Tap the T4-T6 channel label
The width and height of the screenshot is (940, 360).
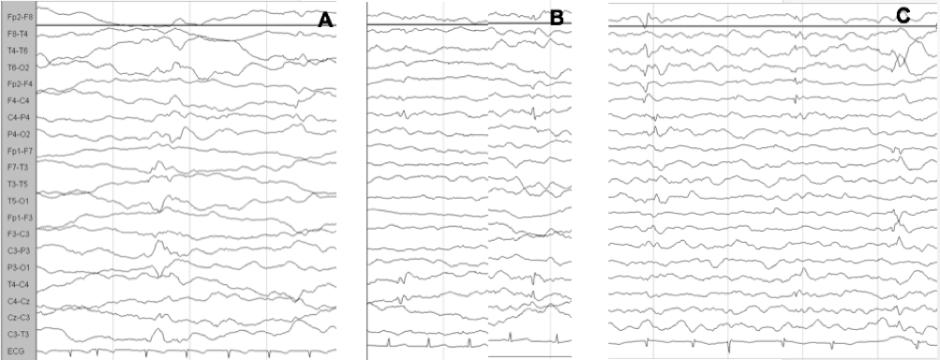17,51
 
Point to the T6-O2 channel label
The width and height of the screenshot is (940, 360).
17,67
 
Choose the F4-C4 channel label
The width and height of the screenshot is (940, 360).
17,101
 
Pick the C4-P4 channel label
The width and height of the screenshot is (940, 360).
17,117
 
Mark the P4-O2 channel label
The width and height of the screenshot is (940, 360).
17,134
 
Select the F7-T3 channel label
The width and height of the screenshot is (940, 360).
17,168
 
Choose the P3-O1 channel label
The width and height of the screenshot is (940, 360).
17,267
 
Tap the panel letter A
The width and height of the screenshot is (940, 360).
325,20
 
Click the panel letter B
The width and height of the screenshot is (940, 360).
557,18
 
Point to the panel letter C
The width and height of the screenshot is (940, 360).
903,16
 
